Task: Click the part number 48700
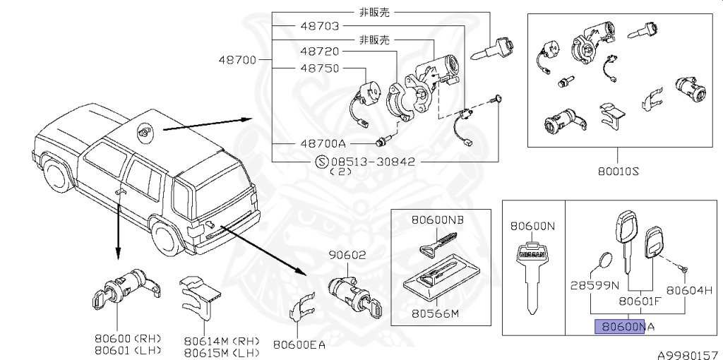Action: point(237,60)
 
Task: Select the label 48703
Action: point(319,26)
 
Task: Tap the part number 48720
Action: point(319,52)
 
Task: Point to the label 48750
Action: point(319,68)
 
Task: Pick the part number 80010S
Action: point(617,169)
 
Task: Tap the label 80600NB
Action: point(438,220)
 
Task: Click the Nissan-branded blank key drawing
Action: point(532,275)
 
